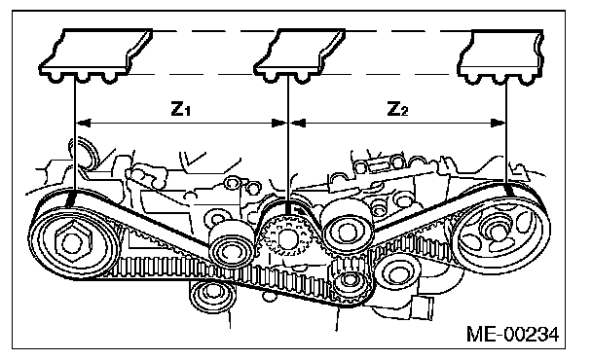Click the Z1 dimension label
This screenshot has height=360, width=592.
tap(181, 108)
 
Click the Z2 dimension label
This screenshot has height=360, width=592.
tap(398, 108)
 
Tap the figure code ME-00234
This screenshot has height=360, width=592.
tap(513, 335)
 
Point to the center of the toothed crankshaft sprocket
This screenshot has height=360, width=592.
tap(286, 236)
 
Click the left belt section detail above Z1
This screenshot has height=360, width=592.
tap(95, 55)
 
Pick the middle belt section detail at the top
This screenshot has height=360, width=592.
tap(299, 55)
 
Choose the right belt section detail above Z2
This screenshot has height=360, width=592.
tap(500, 57)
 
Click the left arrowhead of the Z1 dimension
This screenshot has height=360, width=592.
tap(84, 123)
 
